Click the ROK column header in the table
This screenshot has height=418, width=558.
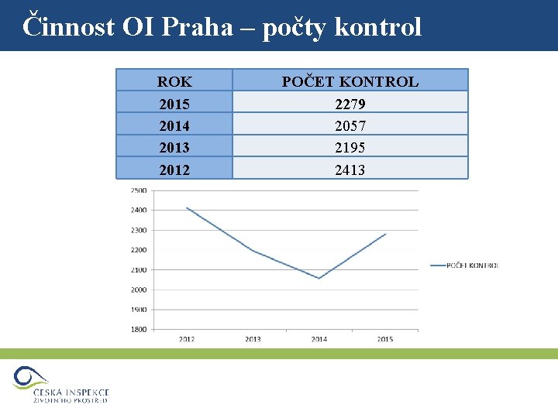click(174, 81)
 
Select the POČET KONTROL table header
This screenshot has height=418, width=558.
click(350, 81)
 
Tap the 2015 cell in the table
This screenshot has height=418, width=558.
click(174, 103)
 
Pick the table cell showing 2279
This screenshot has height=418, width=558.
click(350, 103)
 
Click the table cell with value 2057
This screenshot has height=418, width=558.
click(350, 125)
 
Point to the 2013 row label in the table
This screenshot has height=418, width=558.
click(174, 147)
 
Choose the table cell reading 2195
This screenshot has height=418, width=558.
click(350, 147)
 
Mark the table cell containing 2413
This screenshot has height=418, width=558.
click(350, 170)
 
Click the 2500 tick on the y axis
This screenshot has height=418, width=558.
click(138, 190)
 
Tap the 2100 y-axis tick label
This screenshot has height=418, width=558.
click(138, 270)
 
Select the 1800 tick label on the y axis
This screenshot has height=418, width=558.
click(138, 329)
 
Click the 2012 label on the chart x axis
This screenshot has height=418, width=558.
click(187, 339)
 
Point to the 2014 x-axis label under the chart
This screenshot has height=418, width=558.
click(319, 339)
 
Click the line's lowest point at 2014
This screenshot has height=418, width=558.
click(319, 278)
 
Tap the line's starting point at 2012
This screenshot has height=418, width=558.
click(187, 207)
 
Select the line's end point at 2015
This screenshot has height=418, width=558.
click(385, 234)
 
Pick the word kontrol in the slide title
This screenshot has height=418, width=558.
click(380, 27)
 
